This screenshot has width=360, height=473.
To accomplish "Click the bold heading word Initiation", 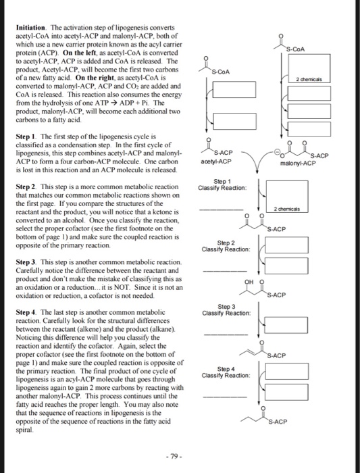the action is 31,28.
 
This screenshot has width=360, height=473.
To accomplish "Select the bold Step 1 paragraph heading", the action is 26,136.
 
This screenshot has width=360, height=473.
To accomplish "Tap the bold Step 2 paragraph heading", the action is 26,186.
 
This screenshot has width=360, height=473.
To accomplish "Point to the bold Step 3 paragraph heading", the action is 26,262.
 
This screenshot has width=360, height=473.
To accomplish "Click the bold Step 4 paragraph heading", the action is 26,312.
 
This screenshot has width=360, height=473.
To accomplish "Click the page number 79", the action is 174,456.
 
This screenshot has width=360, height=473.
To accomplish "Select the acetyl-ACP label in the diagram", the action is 216,161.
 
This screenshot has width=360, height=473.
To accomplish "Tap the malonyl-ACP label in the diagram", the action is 298,164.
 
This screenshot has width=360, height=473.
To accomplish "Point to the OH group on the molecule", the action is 249,282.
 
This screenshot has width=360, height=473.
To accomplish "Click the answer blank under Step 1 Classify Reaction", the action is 221,209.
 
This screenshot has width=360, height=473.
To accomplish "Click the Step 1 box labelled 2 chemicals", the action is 287,197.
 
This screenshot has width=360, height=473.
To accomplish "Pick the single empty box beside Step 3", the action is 286,325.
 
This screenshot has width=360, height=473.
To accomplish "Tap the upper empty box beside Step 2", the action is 286,245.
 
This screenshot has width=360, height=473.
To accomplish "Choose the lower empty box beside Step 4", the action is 286,392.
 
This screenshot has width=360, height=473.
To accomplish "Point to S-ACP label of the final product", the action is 278,422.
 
